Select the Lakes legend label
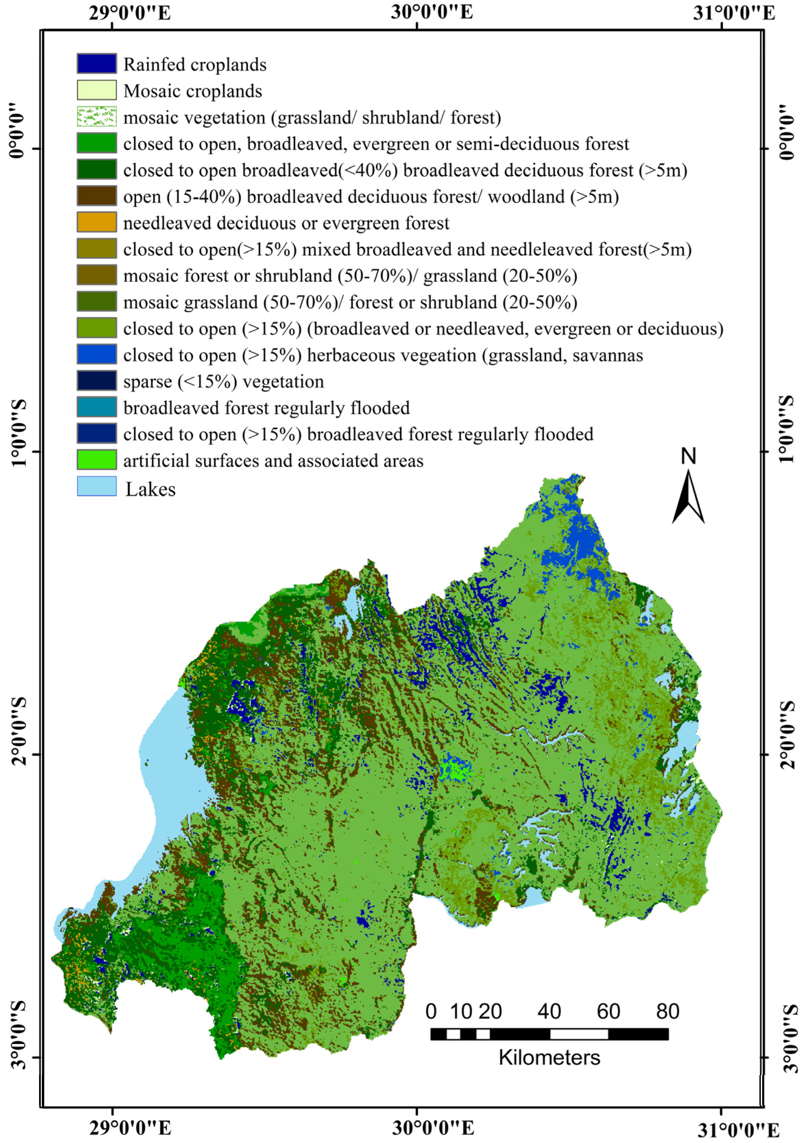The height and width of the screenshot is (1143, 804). coord(151,489)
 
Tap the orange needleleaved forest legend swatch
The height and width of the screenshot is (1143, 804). coord(97,222)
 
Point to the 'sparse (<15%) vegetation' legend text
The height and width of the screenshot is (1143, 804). coord(224,381)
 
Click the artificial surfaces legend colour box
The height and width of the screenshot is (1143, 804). coord(97,460)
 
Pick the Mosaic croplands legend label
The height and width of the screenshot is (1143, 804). coord(193,91)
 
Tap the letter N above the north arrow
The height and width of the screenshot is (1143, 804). coord(688,456)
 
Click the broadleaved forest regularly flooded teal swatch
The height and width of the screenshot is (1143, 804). coord(97,407)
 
